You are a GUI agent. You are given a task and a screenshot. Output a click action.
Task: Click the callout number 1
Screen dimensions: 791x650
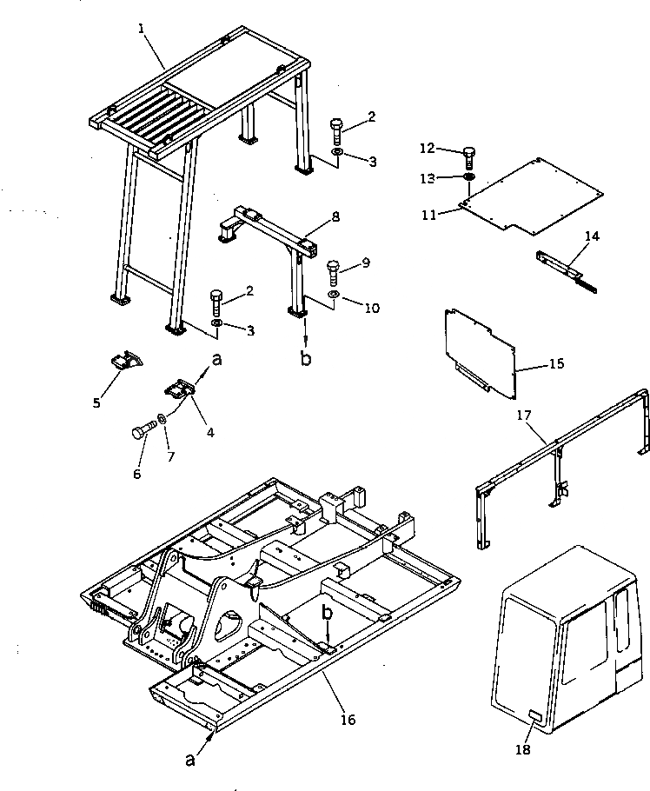(x=141, y=28)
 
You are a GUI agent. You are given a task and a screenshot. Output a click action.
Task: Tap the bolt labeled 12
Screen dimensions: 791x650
(x=469, y=157)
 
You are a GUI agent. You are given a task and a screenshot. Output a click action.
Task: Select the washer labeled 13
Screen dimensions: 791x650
(x=468, y=178)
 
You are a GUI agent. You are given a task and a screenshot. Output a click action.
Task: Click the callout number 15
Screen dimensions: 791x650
(x=557, y=363)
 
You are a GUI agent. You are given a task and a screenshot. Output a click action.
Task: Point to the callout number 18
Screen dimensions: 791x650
(x=522, y=749)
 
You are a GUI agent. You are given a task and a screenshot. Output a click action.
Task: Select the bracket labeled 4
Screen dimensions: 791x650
(x=180, y=388)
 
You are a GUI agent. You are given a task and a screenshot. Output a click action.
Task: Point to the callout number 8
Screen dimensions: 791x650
(x=335, y=216)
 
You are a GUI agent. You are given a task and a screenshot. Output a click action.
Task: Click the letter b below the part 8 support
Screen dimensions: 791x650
(x=305, y=357)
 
